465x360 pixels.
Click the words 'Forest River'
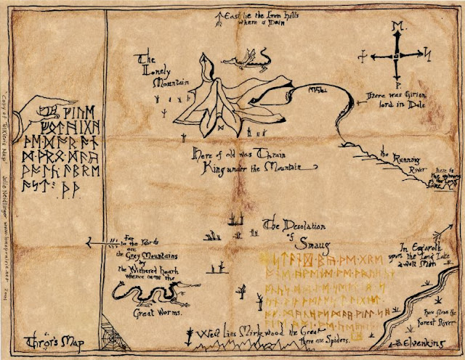[437, 315]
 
